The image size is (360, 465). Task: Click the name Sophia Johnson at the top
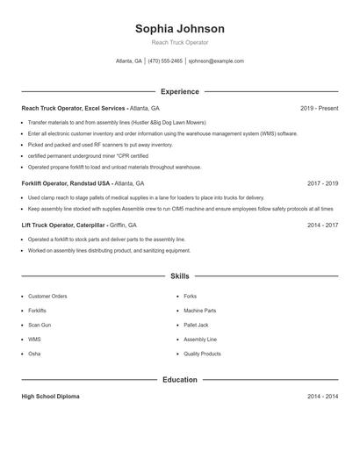179,29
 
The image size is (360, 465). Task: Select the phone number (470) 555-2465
165,61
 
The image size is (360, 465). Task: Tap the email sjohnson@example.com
216,61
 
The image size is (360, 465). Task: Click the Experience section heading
179,91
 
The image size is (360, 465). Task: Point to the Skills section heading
179,275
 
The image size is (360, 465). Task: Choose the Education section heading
179,380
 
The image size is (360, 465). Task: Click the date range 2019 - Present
319,108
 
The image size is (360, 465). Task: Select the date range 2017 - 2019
322,183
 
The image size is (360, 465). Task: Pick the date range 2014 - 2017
322,225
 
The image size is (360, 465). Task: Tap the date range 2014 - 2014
322,397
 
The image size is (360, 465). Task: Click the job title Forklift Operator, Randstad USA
67,183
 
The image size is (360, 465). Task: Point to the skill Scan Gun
40,325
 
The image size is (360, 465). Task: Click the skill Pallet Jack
196,325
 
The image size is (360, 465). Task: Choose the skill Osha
34,354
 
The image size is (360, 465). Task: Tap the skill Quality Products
202,354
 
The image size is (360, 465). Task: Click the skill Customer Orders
47,297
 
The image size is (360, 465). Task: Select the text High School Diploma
50,397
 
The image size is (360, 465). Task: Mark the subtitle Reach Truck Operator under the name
179,42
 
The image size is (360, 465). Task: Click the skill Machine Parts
199,311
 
